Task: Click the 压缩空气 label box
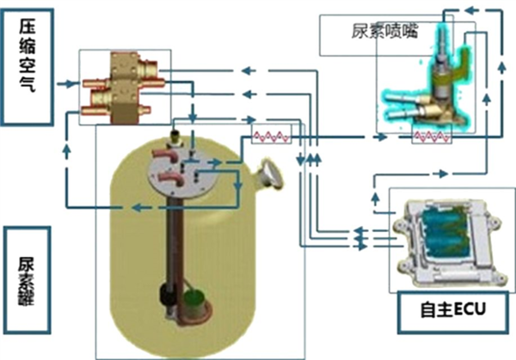tap(27, 67)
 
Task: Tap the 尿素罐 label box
tap(27, 280)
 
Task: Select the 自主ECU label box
tap(453, 312)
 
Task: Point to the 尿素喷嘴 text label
tap(384, 32)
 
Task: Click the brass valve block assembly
tap(123, 88)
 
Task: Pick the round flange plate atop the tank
tap(181, 171)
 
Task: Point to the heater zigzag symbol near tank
tap(271, 136)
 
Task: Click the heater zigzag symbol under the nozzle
tap(432, 136)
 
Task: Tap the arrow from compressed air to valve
tap(68, 84)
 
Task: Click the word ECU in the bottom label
tap(470, 309)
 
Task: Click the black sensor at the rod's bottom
tap(164, 294)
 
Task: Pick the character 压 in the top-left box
tap(27, 27)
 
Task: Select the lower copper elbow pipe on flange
tap(170, 179)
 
